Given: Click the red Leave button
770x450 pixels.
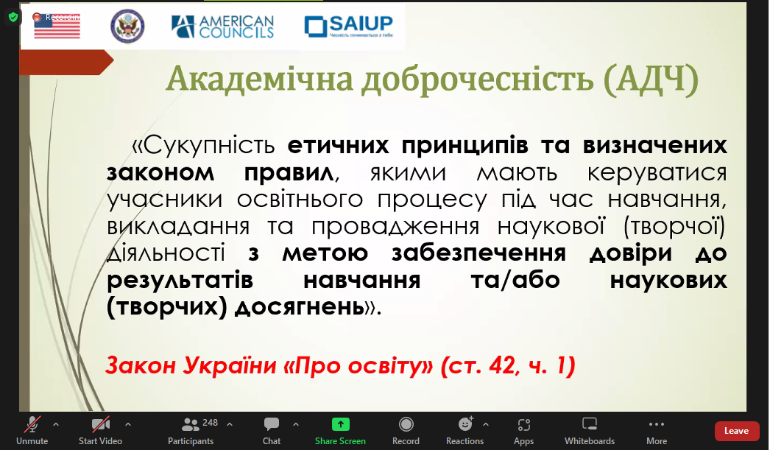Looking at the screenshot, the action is (736, 431).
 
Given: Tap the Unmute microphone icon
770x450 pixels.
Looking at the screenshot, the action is (32, 424).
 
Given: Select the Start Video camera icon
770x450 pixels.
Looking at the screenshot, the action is (101, 424).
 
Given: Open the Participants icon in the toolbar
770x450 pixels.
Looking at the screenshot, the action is (190, 424).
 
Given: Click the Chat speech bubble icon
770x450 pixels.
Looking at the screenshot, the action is (271, 424).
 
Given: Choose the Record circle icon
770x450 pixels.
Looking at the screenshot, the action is (406, 424).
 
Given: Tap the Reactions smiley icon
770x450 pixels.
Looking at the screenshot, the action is (465, 423).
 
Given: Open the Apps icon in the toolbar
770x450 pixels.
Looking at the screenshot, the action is (524, 424).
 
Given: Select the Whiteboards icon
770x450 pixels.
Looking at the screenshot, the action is (590, 423).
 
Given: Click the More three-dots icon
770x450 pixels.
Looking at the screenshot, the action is (657, 424).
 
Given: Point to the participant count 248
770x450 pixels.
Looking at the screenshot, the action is (211, 423).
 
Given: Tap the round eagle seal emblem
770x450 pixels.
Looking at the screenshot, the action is (127, 26).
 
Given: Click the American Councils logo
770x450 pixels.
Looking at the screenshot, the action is (222, 27).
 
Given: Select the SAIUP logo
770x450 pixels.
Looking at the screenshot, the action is (349, 26).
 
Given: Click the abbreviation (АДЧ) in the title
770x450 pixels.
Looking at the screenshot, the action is (651, 79).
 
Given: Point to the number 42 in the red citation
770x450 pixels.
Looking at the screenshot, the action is (502, 365).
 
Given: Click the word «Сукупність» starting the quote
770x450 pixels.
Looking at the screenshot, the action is (203, 145).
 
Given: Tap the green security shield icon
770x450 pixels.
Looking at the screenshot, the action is (13, 18).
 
